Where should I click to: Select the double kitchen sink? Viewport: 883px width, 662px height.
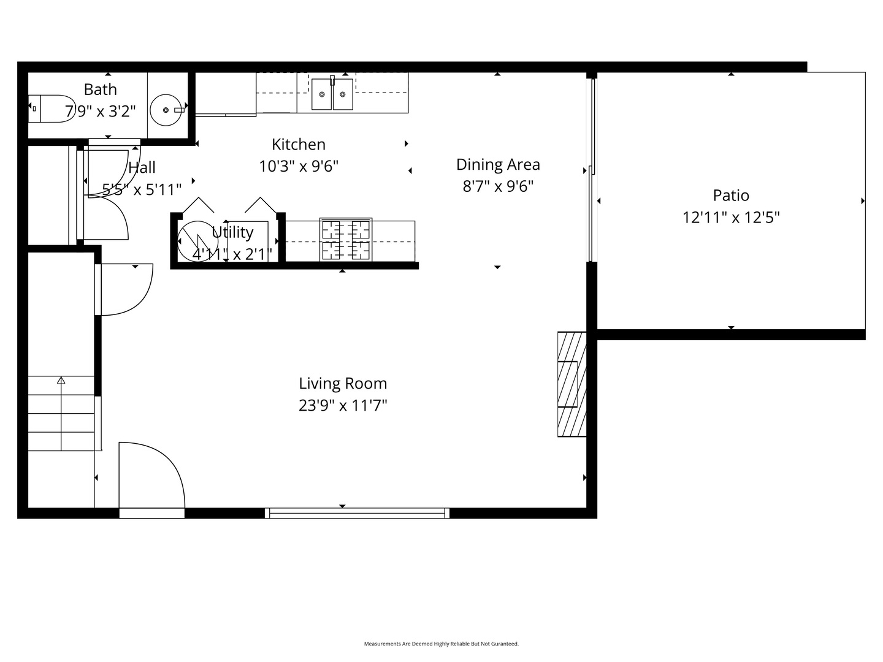332,94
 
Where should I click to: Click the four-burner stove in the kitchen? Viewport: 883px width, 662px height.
346,239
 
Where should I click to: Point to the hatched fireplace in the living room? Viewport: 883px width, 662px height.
571,384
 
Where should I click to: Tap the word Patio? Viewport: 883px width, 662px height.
731,196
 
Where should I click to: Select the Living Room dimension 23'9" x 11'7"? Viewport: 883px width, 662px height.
343,406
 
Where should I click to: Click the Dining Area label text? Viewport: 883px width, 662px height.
498,164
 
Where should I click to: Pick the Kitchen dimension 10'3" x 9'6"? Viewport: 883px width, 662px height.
299,166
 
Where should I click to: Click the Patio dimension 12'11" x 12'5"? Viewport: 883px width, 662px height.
731,218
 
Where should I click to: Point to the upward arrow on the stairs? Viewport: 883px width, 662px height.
61,381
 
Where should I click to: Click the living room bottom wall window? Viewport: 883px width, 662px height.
357,513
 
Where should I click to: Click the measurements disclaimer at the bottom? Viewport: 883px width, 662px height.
442,644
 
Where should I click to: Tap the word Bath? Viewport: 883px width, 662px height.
100,89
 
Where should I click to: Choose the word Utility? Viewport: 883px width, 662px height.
232,232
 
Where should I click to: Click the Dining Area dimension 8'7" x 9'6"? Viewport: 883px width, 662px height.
498,186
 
